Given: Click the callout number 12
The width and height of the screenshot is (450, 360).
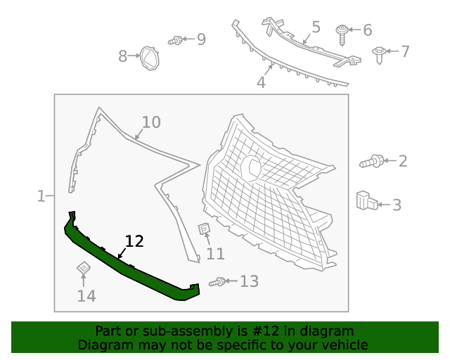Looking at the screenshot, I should click(134, 241).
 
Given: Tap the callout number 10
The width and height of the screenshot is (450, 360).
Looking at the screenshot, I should click(150, 122).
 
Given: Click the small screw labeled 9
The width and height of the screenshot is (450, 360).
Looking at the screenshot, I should click(176, 41).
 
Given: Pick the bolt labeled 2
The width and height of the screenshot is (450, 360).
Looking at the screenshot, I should click(372, 162).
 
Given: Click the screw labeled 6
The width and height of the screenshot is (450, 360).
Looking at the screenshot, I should click(342, 30).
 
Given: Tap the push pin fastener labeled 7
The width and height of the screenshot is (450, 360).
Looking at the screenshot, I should click(380, 53).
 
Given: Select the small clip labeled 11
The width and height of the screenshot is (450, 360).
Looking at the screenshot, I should click(204, 229).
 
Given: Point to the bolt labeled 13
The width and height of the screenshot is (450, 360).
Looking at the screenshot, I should click(217, 282).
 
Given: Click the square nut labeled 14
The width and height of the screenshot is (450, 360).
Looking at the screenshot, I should click(83, 268).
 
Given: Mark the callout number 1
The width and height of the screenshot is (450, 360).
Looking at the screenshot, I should click(41, 196).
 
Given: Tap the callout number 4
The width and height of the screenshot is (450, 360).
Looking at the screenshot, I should click(261, 83).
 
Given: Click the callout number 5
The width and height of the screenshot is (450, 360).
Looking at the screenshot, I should click(316, 27).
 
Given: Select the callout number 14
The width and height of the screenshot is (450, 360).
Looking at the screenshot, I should click(86, 296).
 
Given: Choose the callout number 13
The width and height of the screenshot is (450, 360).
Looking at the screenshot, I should click(249, 282).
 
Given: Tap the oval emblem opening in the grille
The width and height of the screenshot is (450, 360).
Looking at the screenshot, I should click(251, 167).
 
